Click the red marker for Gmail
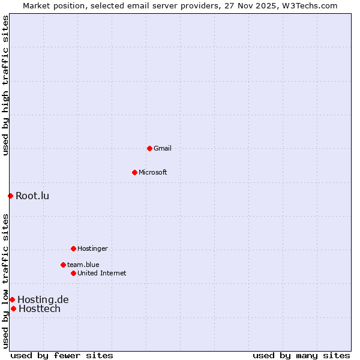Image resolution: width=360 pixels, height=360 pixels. coord(149,148)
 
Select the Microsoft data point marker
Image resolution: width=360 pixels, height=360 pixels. coord(134,172)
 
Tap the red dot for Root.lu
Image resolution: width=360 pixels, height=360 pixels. coord(10,196)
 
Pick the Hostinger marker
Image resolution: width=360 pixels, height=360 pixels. coord(73,248)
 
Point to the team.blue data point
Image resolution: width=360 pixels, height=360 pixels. coord(63,265)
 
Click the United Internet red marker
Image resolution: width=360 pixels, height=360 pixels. coord(73,273)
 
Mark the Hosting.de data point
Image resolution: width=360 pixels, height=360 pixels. coord(12,299)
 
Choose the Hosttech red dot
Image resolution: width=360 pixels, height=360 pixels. coord(13,308)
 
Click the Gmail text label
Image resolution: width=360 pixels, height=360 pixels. coord(163,148)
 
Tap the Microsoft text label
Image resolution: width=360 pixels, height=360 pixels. coord(153,172)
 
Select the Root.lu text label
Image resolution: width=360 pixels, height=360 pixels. coord(32,196)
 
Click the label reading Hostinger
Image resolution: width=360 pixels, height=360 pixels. coord(92,248)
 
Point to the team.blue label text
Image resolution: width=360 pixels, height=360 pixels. coord(83,265)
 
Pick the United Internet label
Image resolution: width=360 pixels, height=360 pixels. coord(102,273)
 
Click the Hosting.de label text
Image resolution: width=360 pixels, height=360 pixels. coord(43,299)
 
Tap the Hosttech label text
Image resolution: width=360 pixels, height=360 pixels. coord(40,308)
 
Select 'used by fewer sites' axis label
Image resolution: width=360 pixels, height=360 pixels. coord(62,355)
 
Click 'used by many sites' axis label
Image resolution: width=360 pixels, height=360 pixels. coord(301,355)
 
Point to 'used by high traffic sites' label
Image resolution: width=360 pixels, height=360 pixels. coord(5,86)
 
